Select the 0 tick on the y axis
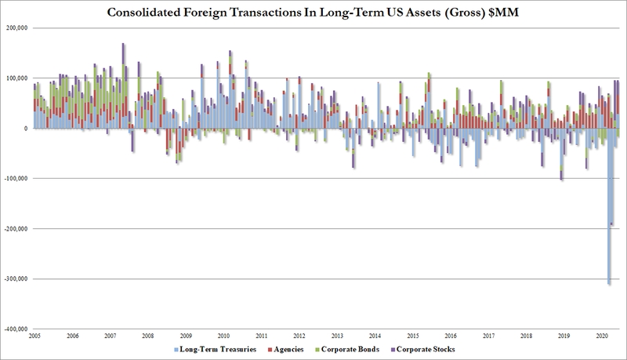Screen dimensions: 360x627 pyautogui.click(x=26, y=128)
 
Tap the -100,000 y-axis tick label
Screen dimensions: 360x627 pyautogui.click(x=15, y=178)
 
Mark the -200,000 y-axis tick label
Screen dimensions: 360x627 pyautogui.click(x=15, y=228)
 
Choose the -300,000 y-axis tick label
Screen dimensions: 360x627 pyautogui.click(x=15, y=278)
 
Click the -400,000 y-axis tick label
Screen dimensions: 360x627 pyautogui.click(x=15, y=329)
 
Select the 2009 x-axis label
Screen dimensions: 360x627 pyautogui.click(x=186, y=336)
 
